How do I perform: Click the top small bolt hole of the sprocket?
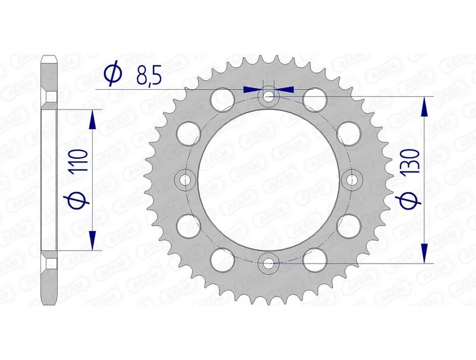tap(269, 96)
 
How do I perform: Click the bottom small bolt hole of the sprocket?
tap(269, 262)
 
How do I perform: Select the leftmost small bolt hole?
tap(186, 179)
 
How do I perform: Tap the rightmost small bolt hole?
tap(352, 179)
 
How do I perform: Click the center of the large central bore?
tap(269, 179)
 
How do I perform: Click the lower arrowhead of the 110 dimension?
tap(92, 240)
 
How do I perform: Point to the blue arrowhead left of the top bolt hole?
tap(253, 89)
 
